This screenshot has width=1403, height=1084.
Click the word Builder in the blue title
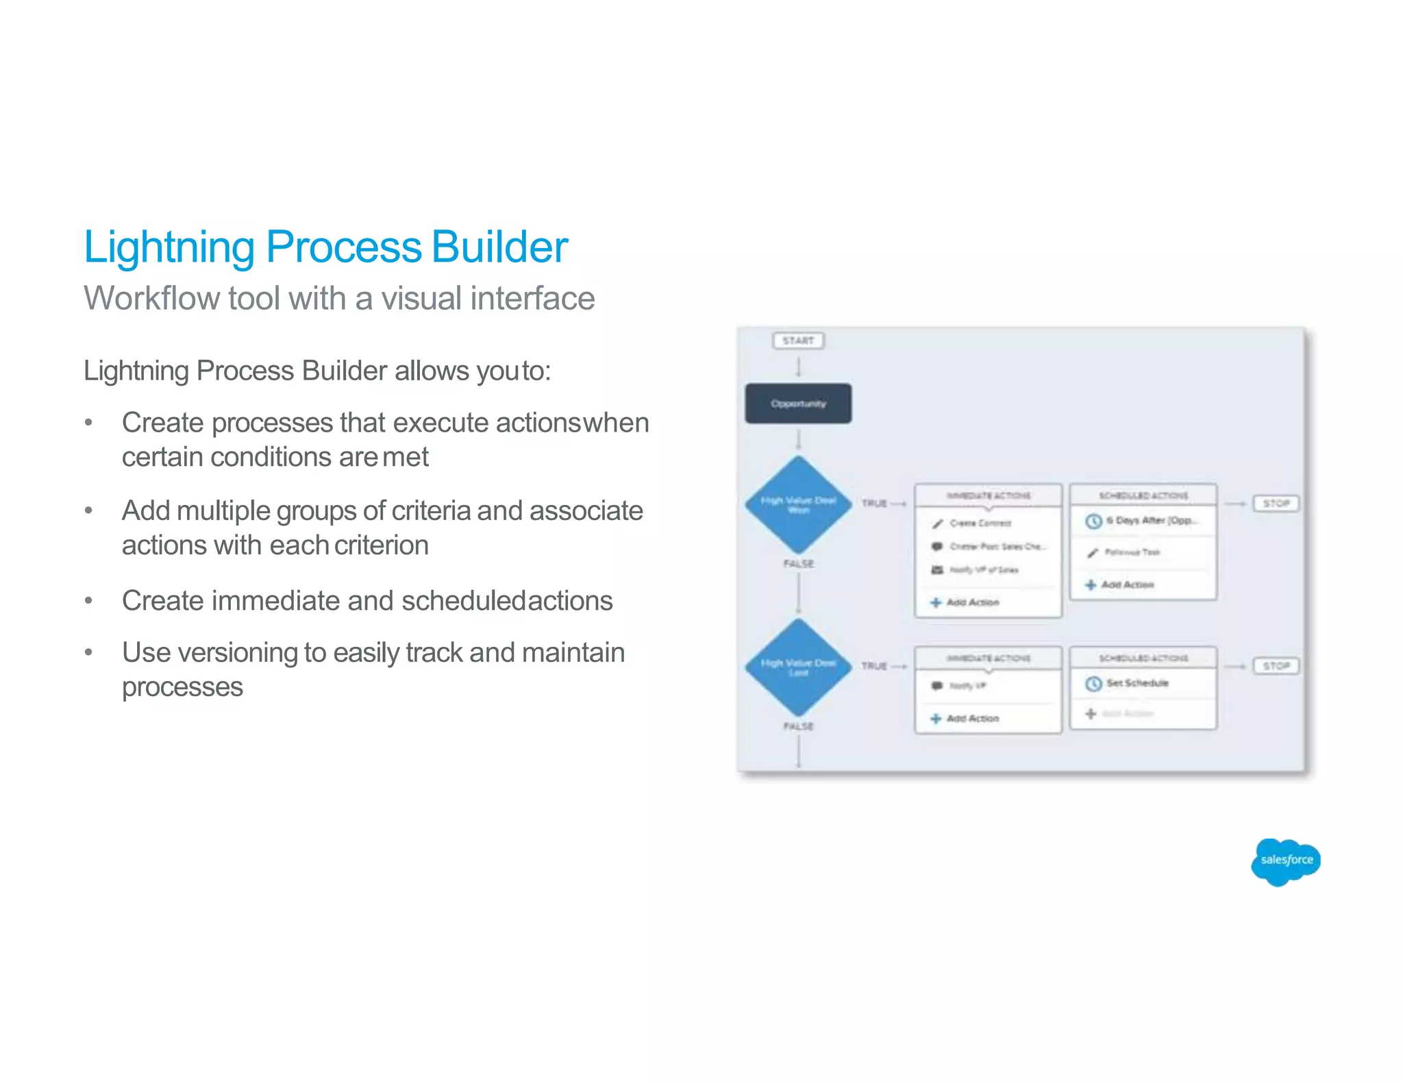click(499, 247)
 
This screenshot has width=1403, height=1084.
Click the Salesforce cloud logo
click(1285, 861)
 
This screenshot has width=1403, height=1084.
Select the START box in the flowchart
click(798, 341)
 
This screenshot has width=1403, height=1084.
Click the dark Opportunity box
click(798, 404)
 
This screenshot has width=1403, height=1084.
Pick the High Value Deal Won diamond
click(798, 505)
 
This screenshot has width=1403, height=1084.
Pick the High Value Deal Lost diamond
click(798, 667)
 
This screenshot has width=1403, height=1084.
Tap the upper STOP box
click(1276, 504)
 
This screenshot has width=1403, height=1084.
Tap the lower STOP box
click(1276, 666)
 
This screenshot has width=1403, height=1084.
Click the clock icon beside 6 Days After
click(1093, 521)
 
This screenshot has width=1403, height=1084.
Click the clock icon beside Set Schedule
click(1093, 684)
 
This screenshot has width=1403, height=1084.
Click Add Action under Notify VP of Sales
click(972, 602)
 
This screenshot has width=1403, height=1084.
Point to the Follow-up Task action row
click(1132, 552)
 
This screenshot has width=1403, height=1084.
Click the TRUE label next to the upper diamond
click(874, 504)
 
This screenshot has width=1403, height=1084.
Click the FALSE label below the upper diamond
click(798, 564)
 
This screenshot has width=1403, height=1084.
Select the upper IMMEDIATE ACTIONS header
click(988, 495)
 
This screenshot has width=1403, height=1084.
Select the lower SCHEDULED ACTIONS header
click(1143, 658)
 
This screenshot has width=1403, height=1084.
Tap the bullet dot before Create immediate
click(88, 601)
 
